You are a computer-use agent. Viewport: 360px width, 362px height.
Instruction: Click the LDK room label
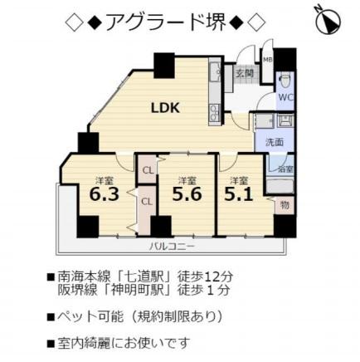[166, 108]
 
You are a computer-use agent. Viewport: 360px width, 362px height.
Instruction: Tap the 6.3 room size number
[105, 194]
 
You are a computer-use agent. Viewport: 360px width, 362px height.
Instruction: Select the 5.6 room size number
[187, 194]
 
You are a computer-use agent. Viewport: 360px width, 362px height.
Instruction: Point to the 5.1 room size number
[238, 194]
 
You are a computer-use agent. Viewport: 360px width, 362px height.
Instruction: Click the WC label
[285, 97]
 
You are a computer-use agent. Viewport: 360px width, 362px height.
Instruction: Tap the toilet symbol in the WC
[285, 81]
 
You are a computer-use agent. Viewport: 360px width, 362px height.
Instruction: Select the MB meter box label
[267, 60]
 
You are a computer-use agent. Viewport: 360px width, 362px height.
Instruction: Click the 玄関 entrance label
[245, 74]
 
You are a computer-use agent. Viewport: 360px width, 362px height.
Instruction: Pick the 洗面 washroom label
[275, 142]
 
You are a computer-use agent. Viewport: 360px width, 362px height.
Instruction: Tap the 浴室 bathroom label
[286, 169]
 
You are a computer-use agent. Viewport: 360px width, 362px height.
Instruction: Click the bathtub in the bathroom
[280, 186]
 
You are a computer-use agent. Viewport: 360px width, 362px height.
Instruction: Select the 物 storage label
[285, 205]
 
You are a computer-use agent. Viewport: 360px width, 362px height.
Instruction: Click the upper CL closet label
[148, 171]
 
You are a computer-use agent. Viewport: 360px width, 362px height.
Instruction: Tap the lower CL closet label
[147, 202]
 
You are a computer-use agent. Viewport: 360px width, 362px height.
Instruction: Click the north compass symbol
[328, 21]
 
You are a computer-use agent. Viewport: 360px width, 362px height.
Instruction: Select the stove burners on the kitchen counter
[214, 114]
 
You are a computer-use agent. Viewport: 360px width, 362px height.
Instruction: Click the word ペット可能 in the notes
[90, 316]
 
